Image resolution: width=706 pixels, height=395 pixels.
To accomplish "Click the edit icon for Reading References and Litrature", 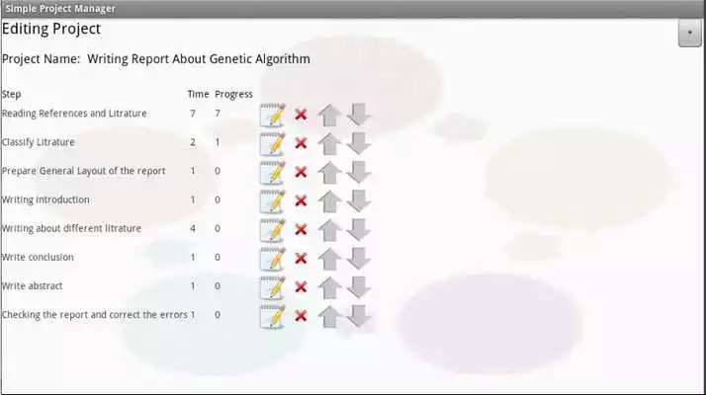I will coord(272,115).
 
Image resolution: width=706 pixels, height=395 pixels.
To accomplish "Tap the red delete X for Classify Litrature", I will coord(301,143).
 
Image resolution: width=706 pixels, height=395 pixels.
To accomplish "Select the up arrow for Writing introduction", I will coord(329,200).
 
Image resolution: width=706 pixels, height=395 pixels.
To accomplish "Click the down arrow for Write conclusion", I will coord(359,259).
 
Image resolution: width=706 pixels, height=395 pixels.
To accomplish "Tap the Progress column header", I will coord(233,95).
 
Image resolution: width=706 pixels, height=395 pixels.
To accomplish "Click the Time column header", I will coord(198,95).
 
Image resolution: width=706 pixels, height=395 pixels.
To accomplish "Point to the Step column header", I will coord(12,95).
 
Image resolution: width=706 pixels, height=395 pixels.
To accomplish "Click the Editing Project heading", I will coord(51,30).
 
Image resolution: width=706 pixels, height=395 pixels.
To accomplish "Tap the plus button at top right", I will coord(688,33).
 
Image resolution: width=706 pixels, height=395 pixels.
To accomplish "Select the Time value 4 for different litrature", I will coord(192,229).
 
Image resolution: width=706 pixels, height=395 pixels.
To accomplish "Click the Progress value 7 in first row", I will coord(218,114).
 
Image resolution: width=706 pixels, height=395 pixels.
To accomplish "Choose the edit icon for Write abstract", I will coord(272,287).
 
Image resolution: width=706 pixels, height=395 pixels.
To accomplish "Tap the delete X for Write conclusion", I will coord(301,259).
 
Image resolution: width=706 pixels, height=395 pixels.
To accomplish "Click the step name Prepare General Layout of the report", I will coord(83,172).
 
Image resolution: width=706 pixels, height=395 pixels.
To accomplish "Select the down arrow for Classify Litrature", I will coord(359,143).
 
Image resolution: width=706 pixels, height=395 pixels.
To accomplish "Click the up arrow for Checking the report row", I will coord(329,316).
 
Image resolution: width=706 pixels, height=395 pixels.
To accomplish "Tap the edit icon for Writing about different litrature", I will coord(272,230).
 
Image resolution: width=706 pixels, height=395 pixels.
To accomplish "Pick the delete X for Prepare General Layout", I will coord(301,172).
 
